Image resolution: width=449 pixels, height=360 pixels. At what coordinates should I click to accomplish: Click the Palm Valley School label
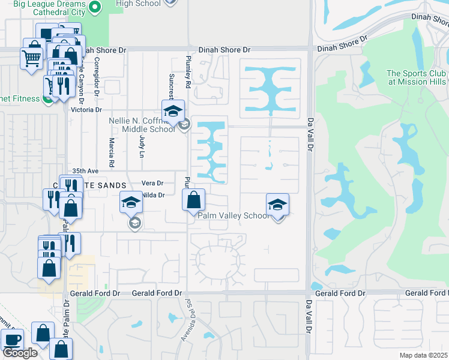click(234, 215)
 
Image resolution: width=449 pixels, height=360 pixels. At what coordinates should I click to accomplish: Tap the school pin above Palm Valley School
click(277, 205)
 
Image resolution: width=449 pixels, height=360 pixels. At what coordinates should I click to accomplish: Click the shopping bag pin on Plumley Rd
click(193, 200)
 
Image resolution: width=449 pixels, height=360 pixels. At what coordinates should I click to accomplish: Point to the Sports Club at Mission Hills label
click(416, 77)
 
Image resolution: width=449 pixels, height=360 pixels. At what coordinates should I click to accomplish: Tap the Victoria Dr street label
click(86, 110)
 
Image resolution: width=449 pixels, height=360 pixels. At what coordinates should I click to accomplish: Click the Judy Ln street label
click(142, 146)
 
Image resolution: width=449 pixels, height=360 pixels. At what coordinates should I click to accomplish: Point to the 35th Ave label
click(84, 171)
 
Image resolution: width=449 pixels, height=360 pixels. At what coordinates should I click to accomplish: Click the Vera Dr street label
click(152, 183)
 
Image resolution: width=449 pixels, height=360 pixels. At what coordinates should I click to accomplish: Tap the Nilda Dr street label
click(153, 194)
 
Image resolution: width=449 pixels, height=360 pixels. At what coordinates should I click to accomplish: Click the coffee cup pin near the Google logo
click(12, 340)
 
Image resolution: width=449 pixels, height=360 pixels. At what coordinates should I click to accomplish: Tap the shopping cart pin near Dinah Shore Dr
click(31, 59)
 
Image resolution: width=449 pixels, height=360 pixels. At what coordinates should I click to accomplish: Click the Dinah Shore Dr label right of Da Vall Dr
click(342, 44)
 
